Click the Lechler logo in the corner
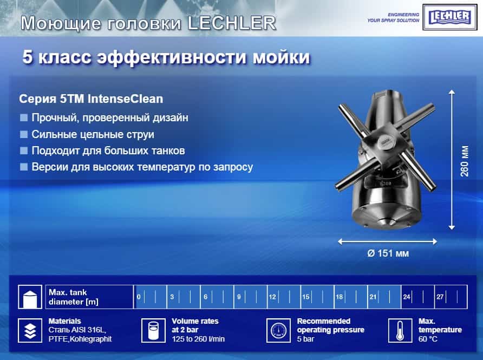coord(449,17)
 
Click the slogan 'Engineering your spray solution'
coord(393,17)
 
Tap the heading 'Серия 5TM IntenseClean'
coord(91,99)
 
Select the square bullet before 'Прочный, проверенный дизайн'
coord(24,117)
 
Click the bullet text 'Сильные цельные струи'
coord(93,134)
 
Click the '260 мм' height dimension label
coord(464,161)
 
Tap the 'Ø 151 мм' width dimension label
coord(388,253)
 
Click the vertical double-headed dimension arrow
coord(452,160)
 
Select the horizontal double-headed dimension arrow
coord(388,242)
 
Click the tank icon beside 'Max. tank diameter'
coord(30,297)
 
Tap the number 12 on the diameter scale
coord(272,297)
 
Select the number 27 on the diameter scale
coord(440,297)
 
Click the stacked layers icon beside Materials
coord(30,330)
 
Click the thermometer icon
coord(400,330)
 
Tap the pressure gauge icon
coord(278,330)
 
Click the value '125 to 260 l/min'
coord(198,339)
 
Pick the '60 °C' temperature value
coord(428,339)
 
